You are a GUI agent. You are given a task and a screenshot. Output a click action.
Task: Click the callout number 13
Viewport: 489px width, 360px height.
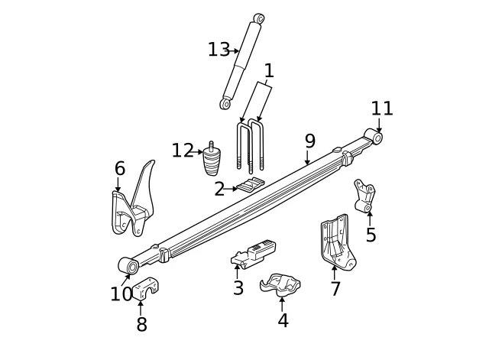pyautogui.click(x=218, y=50)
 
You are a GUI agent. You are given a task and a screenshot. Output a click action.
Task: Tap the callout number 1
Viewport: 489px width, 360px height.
pyautogui.click(x=268, y=72)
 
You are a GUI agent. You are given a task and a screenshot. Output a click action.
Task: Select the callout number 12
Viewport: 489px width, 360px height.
pyautogui.click(x=182, y=151)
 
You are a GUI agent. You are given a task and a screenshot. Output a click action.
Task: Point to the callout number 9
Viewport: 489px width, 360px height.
pyautogui.click(x=309, y=141)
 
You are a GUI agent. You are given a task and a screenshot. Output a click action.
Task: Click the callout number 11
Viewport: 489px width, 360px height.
pyautogui.click(x=381, y=109)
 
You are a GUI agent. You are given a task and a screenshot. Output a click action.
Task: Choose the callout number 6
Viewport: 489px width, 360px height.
pyautogui.click(x=120, y=169)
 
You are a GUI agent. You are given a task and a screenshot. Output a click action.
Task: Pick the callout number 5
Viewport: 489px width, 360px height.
pyautogui.click(x=371, y=235)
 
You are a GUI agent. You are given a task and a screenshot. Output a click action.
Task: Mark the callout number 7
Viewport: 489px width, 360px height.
pyautogui.click(x=335, y=290)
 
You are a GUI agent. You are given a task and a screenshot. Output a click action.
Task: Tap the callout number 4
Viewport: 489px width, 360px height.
pyautogui.click(x=283, y=321)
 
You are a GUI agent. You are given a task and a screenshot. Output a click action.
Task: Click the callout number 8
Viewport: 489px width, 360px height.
pyautogui.click(x=141, y=325)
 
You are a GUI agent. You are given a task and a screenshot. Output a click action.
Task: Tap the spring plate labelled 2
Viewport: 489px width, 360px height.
pyautogui.click(x=251, y=186)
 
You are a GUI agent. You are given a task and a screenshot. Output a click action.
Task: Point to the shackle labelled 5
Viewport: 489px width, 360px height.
pyautogui.click(x=364, y=196)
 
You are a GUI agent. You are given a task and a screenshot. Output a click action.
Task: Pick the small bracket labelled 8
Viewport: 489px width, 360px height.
pyautogui.click(x=145, y=290)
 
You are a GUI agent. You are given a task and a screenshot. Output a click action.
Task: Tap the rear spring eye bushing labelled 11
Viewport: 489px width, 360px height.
pyautogui.click(x=374, y=138)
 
